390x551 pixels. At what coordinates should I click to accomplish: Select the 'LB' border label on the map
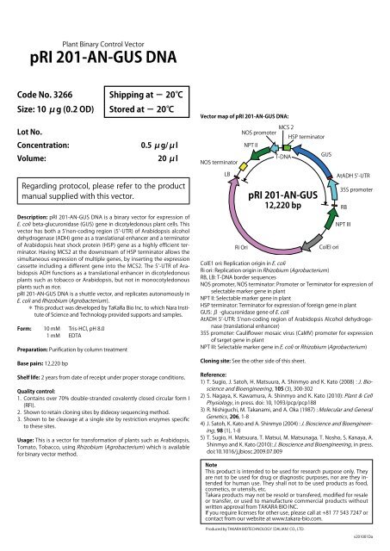[x=227, y=173]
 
